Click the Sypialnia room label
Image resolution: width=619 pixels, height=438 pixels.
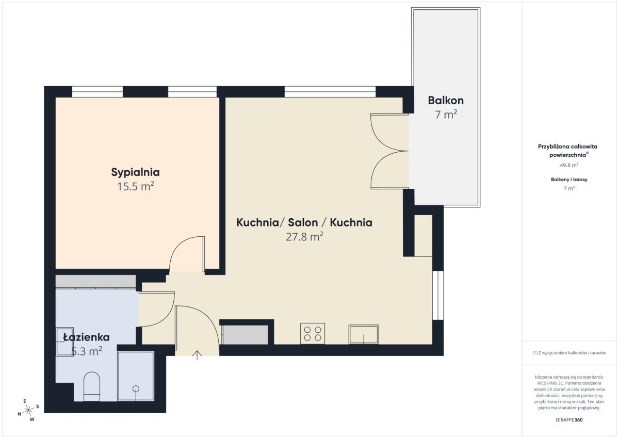135,172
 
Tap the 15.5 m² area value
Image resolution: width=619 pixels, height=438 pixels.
136,187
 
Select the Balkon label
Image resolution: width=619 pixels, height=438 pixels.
446,100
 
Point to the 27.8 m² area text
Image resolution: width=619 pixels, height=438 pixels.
304,237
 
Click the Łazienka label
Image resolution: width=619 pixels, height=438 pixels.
87,337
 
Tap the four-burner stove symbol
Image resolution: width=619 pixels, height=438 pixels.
313,334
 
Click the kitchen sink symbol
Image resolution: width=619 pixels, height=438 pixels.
364,334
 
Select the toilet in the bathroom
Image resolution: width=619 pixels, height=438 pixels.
91,386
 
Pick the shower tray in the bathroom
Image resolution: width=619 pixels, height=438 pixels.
136,376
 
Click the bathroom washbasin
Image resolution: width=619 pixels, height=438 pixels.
64,342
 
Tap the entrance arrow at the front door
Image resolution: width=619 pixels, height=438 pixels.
197,355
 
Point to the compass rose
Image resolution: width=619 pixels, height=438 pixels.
28,410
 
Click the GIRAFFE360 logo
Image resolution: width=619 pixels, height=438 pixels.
569,420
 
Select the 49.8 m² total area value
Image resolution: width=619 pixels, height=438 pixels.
569,165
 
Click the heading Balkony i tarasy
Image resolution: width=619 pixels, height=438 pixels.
569,180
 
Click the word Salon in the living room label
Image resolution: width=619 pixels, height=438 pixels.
303,222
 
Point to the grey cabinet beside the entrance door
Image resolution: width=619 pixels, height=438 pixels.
245,335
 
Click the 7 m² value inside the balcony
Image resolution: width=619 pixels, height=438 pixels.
446,115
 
